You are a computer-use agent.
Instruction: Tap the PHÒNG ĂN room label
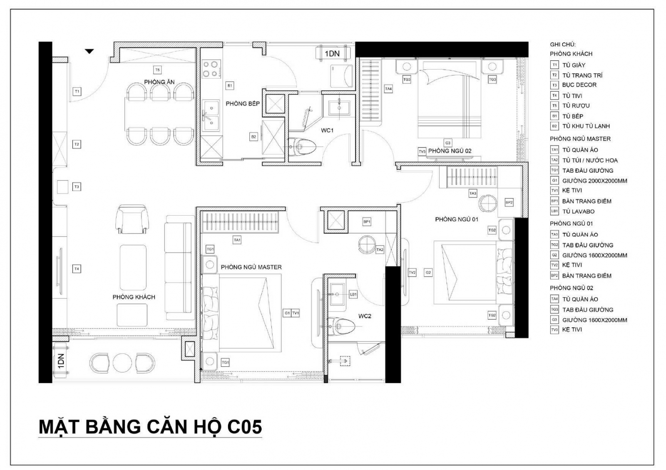click(x=159, y=82)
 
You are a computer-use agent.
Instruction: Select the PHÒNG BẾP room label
click(x=243, y=104)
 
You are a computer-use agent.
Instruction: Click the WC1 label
click(x=327, y=130)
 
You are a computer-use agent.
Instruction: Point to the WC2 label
click(x=365, y=316)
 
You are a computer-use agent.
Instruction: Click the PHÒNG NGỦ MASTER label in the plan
click(x=251, y=267)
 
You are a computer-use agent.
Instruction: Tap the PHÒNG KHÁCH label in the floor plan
click(x=134, y=297)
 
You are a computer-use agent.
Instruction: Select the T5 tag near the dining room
click(x=157, y=70)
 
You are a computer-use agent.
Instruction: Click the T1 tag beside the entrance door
click(x=77, y=91)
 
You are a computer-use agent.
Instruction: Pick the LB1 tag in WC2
click(x=353, y=294)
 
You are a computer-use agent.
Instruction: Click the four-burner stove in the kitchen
click(x=210, y=69)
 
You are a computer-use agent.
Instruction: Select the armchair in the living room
click(x=132, y=219)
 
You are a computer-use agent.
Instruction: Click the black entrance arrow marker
click(x=89, y=51)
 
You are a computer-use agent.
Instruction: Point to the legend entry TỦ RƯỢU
click(x=576, y=106)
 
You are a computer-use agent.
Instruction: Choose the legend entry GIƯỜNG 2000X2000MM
click(x=594, y=181)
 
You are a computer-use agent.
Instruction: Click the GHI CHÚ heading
click(x=563, y=44)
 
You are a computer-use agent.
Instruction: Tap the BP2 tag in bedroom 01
click(x=509, y=202)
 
